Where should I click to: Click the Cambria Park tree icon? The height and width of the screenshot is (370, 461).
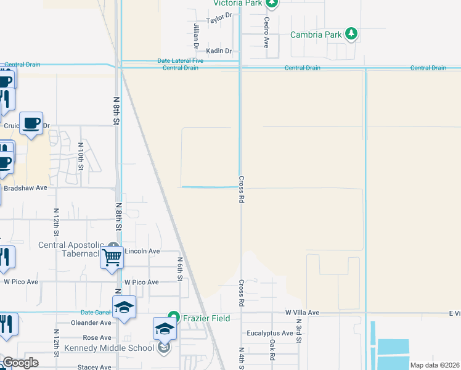click(x=351, y=33)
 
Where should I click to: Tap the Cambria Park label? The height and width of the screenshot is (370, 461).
click(x=316, y=35)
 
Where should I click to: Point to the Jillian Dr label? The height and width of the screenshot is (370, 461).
click(x=196, y=36)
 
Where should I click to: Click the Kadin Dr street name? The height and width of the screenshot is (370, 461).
click(x=219, y=51)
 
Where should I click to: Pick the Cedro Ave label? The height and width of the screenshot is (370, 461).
click(x=267, y=32)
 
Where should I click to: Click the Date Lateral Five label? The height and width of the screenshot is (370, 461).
click(x=180, y=60)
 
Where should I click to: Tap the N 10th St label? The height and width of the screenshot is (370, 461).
click(x=80, y=156)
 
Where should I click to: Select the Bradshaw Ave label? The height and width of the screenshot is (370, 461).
click(x=25, y=187)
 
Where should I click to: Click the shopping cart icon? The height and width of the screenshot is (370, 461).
click(x=112, y=258)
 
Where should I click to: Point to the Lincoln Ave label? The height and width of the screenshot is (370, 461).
click(x=142, y=251)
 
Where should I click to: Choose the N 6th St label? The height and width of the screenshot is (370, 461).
click(x=181, y=269)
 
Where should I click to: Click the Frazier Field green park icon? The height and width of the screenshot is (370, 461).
click(x=174, y=318)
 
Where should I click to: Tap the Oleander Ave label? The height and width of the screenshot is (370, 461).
click(x=91, y=323)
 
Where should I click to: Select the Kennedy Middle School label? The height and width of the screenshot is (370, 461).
click(x=109, y=348)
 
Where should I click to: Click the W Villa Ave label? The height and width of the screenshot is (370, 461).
click(x=302, y=313)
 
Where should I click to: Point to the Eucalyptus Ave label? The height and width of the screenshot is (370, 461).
click(x=269, y=333)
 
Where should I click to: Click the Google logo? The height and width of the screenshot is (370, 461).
click(x=20, y=363)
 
